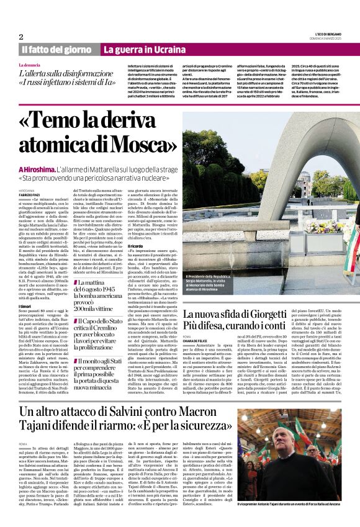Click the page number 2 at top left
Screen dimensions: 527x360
(20, 37)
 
